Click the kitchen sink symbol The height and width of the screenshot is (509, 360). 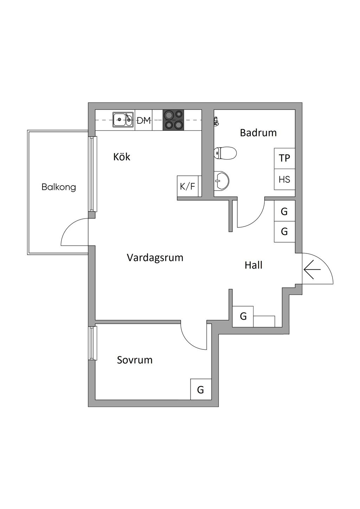123,120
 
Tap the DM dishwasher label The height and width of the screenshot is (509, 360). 143,121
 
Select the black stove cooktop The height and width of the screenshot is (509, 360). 173,120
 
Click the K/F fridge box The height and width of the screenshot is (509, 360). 187,186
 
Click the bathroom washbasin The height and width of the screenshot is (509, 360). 221,180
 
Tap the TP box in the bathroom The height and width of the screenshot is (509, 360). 284,158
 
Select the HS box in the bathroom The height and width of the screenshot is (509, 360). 284,179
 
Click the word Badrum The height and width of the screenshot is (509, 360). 258,133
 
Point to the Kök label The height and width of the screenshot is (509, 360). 122,156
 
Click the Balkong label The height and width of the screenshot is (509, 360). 59,187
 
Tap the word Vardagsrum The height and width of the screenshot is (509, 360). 155,258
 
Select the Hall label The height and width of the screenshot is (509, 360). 253,265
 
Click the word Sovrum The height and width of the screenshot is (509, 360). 135,360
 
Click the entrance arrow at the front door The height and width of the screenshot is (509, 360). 312,270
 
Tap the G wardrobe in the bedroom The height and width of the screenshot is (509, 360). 200,389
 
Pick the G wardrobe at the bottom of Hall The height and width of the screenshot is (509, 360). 243,316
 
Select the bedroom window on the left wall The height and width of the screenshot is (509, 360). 93,343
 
